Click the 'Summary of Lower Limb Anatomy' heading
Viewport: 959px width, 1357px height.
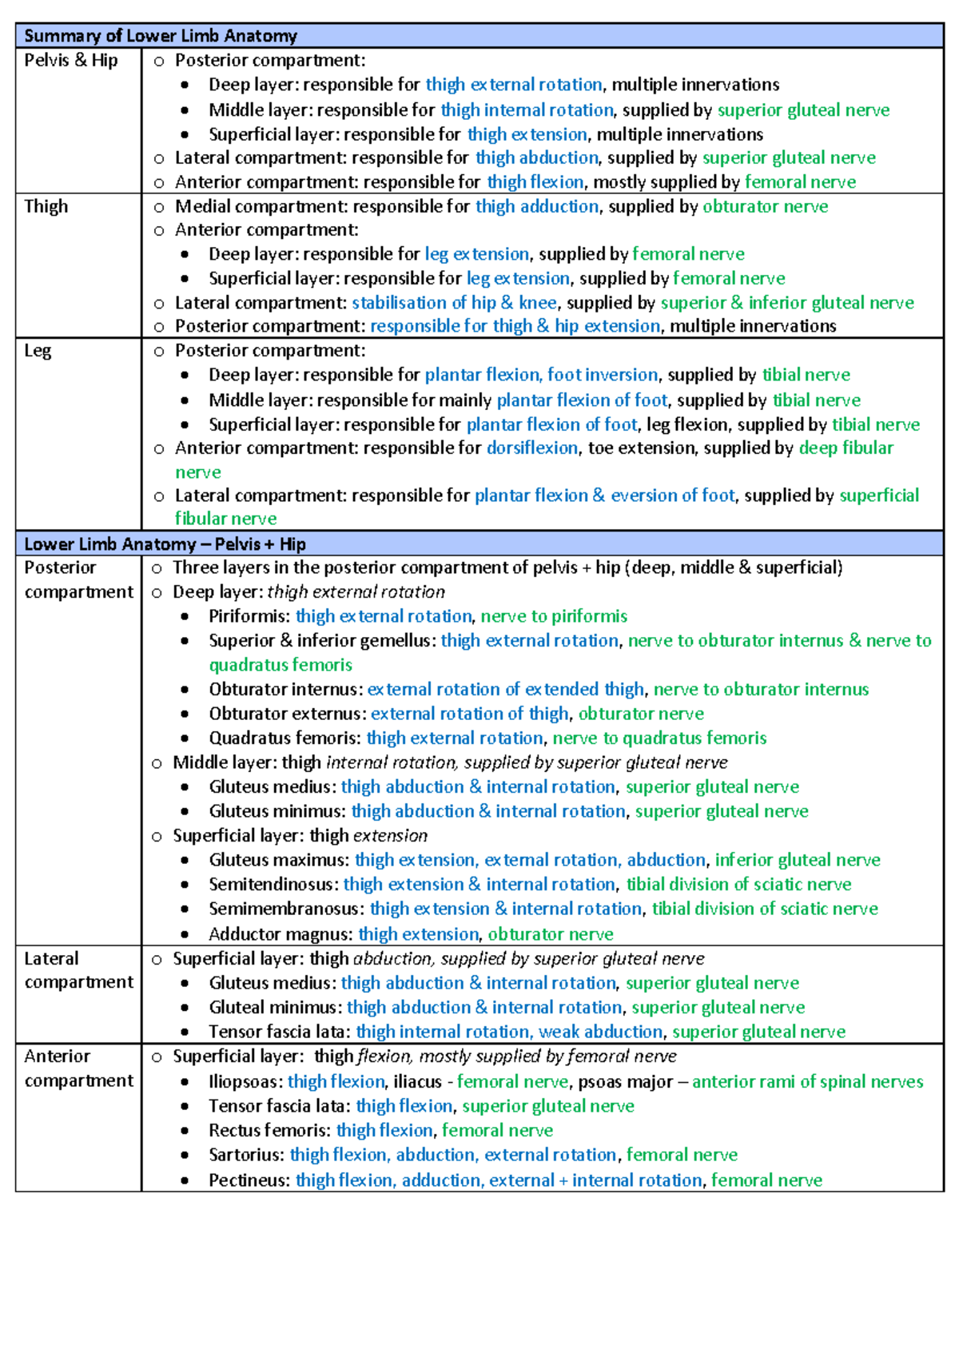(160, 36)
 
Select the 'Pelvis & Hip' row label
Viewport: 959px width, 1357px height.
(70, 61)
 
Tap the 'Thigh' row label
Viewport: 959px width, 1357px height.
(46, 206)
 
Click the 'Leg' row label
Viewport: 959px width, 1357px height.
(37, 351)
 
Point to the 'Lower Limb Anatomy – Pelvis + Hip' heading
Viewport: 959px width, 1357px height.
(165, 544)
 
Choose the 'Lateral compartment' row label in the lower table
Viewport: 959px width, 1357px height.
(78, 970)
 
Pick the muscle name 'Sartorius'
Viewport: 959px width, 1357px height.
(245, 1155)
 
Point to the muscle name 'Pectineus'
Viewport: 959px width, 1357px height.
(248, 1180)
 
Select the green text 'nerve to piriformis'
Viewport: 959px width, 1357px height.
(553, 616)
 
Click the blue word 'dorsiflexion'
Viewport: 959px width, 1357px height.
(531, 448)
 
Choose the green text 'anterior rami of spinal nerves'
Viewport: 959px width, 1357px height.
(807, 1082)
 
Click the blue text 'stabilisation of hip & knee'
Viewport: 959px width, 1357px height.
(454, 303)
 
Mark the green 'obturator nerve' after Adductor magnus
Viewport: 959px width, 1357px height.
(550, 934)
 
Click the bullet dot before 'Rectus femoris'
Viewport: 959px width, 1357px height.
(185, 1131)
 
